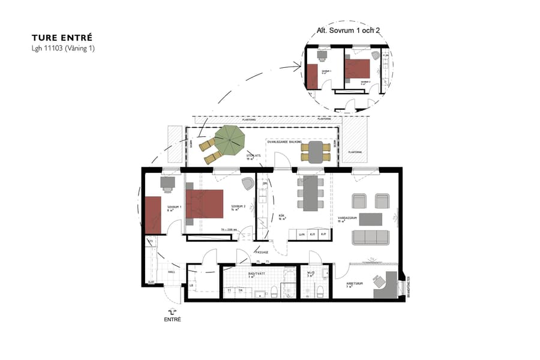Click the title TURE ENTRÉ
pyautogui.click(x=62, y=37)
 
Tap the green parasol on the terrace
pyautogui.click(x=230, y=140)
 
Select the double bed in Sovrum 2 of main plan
pyautogui.click(x=205, y=204)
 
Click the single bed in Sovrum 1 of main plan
pyautogui.click(x=152, y=214)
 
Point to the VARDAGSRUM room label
pyautogui.click(x=347, y=219)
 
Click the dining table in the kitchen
pyautogui.click(x=310, y=193)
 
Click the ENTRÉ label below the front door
pyautogui.click(x=172, y=319)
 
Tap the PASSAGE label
pyautogui.click(x=262, y=252)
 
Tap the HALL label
pyautogui.click(x=171, y=272)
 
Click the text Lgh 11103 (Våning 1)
pyautogui.click(x=63, y=48)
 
